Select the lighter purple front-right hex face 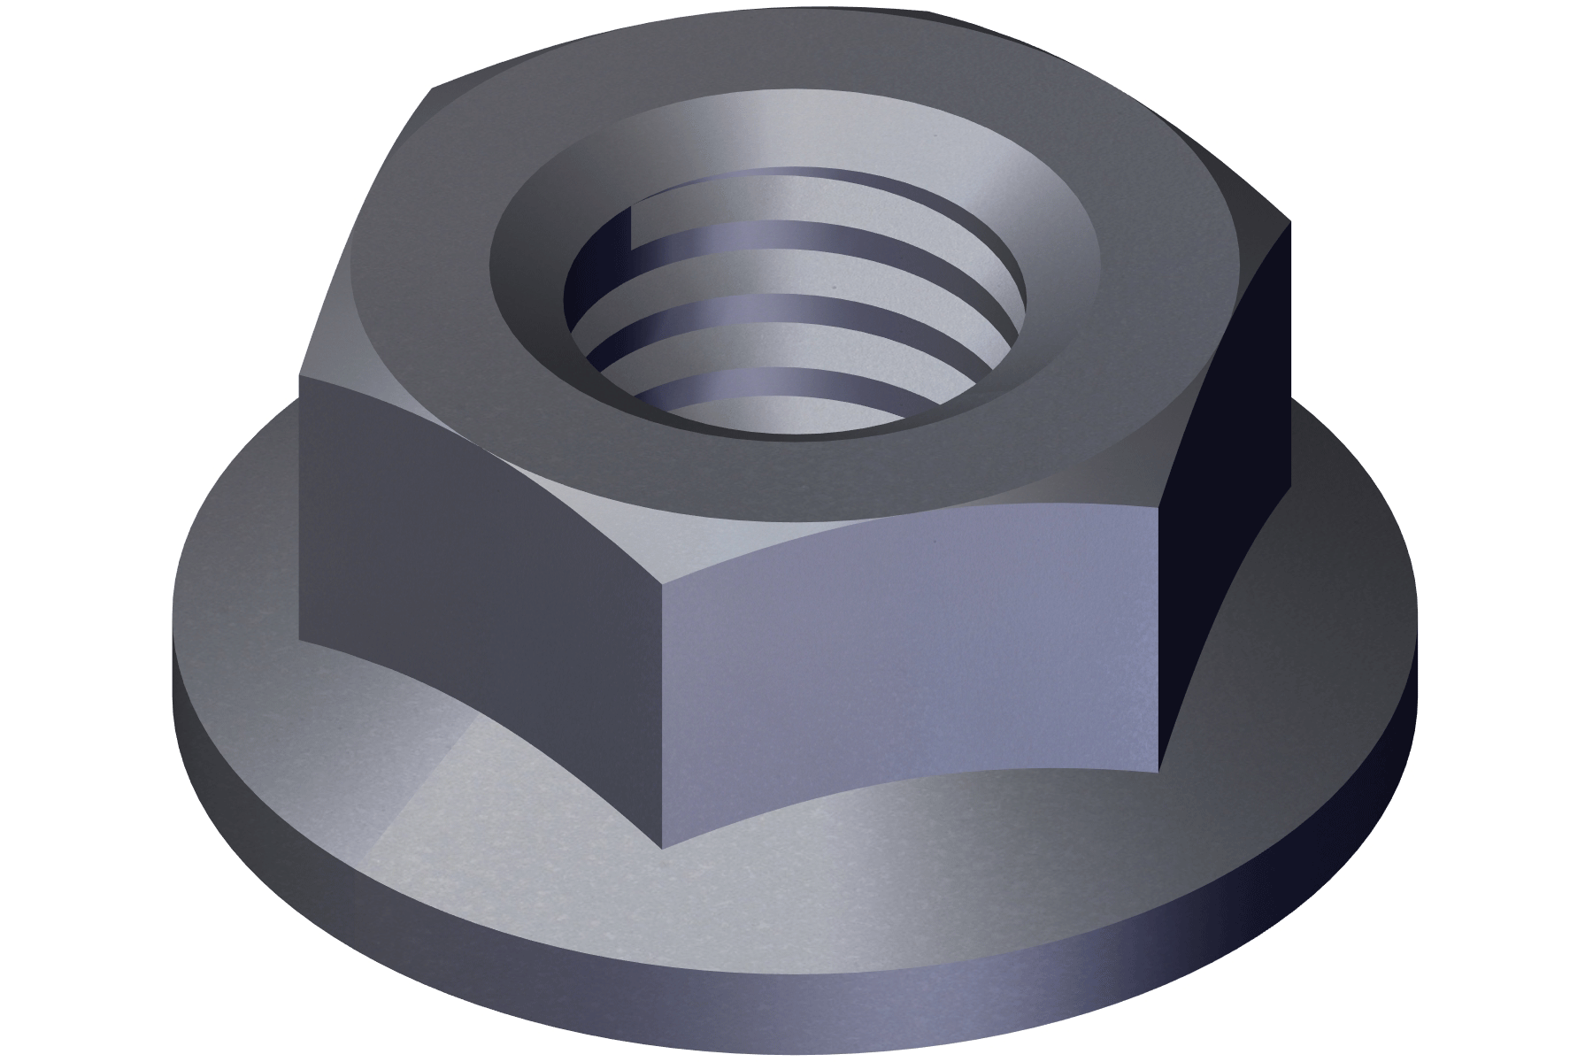[x=912, y=673]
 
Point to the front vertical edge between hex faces [x=662, y=708]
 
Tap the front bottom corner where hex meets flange [x=662, y=847]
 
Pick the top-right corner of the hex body [x=1289, y=221]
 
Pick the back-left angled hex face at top [x=372, y=221]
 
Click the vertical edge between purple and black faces [x=1158, y=637]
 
